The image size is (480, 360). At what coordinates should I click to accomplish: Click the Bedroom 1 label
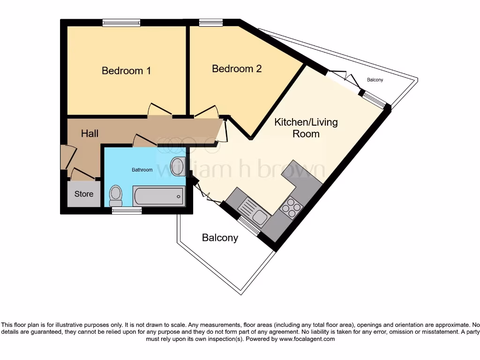pyautogui.click(x=126, y=71)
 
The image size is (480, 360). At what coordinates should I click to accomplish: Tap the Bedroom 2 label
pyautogui.click(x=237, y=68)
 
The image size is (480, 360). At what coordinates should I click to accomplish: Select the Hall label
pyautogui.click(x=90, y=134)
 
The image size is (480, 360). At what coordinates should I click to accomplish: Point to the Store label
pyautogui.click(x=84, y=194)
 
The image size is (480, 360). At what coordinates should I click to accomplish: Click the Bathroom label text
pyautogui.click(x=142, y=170)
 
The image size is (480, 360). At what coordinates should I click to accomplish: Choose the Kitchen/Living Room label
pyautogui.click(x=306, y=128)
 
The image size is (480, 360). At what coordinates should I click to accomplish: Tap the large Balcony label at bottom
pyautogui.click(x=220, y=238)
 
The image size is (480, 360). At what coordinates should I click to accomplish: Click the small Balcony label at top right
pyautogui.click(x=375, y=80)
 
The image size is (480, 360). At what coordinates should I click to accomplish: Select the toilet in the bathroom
pyautogui.click(x=116, y=196)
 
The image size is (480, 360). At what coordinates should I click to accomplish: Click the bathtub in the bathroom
pyautogui.click(x=159, y=196)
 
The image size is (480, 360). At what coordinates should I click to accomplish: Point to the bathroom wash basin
pyautogui.click(x=178, y=166)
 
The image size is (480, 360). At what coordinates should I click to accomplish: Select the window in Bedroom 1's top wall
pyautogui.click(x=121, y=22)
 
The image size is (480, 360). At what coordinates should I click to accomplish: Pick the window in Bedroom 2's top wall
pyautogui.click(x=211, y=22)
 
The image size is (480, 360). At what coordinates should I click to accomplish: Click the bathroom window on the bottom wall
pyautogui.click(x=127, y=210)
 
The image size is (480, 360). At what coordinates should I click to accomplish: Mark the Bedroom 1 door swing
pyautogui.click(x=159, y=110)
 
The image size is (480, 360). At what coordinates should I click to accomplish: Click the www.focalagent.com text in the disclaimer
pyautogui.click(x=307, y=339)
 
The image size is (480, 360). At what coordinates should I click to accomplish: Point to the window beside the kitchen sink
pyautogui.click(x=248, y=226)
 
